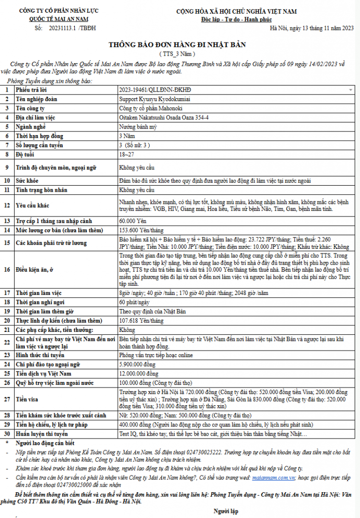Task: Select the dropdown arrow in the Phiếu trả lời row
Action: coord(350,90)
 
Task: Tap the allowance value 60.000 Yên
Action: coord(132,221)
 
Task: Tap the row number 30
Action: coord(7,434)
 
